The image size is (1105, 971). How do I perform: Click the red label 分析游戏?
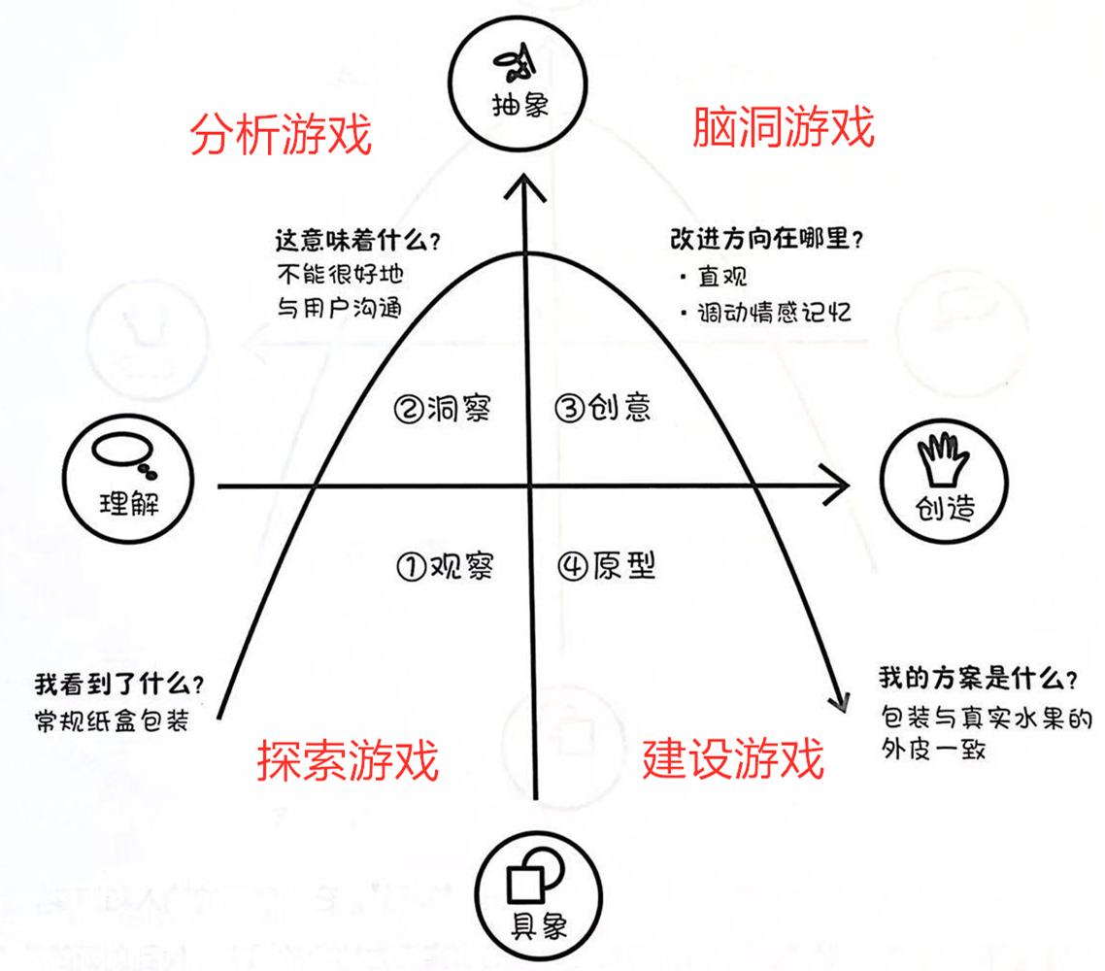[280, 135]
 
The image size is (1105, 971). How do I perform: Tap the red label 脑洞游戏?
[784, 127]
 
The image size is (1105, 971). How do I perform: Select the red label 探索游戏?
[348, 760]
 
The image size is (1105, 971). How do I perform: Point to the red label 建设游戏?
[733, 757]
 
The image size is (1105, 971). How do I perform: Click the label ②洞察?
[443, 409]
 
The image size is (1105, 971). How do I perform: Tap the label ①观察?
[446, 565]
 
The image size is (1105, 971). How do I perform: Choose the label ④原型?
[607, 565]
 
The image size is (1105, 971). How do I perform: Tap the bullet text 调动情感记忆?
[775, 313]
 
